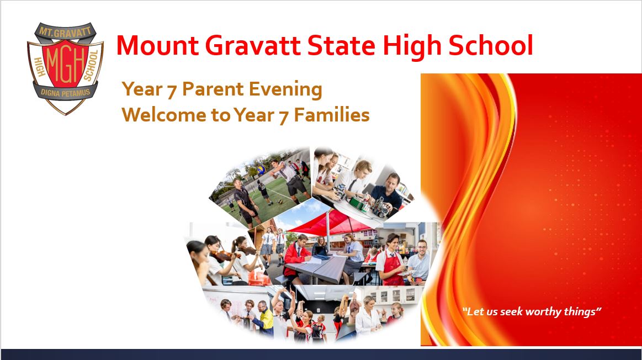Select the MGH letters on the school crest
[x=65, y=62]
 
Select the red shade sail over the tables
[x=326, y=221]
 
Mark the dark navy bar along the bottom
[x=321, y=354]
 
